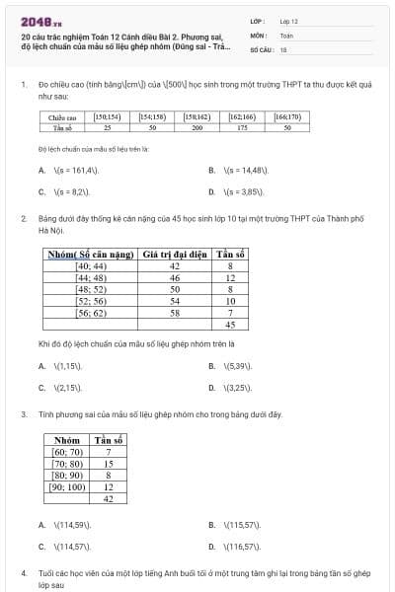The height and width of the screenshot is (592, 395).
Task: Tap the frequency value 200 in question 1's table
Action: click(x=197, y=127)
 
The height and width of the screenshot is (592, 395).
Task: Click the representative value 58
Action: click(x=175, y=313)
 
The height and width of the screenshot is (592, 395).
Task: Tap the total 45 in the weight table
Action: click(x=230, y=325)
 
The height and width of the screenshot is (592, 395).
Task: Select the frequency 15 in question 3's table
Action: click(x=109, y=463)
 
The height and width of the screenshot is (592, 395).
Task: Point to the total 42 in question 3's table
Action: click(x=109, y=498)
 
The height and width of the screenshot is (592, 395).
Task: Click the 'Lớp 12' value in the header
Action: click(x=288, y=20)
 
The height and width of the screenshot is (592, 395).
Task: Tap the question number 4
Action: click(x=23, y=572)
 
